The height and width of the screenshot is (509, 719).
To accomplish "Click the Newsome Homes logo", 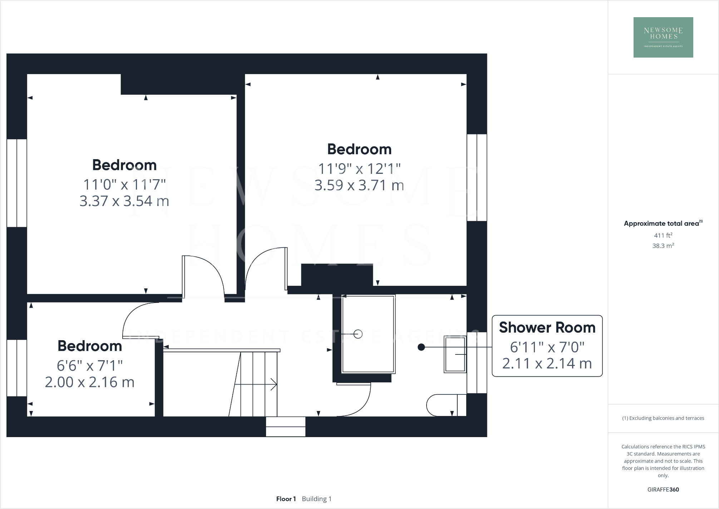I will (663, 37).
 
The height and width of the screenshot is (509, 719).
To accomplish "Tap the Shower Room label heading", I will (547, 328).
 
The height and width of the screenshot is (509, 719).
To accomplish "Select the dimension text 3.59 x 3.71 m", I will (359, 185).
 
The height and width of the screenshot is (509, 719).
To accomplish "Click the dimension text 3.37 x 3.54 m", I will (124, 201).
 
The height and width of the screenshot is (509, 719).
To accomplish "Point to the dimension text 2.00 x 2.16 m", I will (89, 382).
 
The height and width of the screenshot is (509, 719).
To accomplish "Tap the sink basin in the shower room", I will (455, 354).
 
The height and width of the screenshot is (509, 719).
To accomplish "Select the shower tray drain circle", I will (358, 334).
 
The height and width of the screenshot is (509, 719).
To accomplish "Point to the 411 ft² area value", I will (663, 235).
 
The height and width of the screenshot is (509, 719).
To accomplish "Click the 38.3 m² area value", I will (663, 246).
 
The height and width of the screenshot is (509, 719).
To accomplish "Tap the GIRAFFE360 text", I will (663, 490).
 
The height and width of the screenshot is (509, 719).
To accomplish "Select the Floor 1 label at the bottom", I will (286, 499).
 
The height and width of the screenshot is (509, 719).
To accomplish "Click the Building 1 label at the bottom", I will (316, 499).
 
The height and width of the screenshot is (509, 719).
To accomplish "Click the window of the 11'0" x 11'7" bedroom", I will (17, 183).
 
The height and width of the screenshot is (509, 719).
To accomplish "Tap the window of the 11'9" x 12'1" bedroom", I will (477, 177).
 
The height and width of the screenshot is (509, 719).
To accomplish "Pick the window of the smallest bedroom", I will (17, 368).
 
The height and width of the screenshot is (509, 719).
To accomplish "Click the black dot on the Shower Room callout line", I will (421, 347).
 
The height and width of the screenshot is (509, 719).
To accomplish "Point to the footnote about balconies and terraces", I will (663, 418).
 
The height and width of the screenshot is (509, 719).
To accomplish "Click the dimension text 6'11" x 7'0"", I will (547, 347).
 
